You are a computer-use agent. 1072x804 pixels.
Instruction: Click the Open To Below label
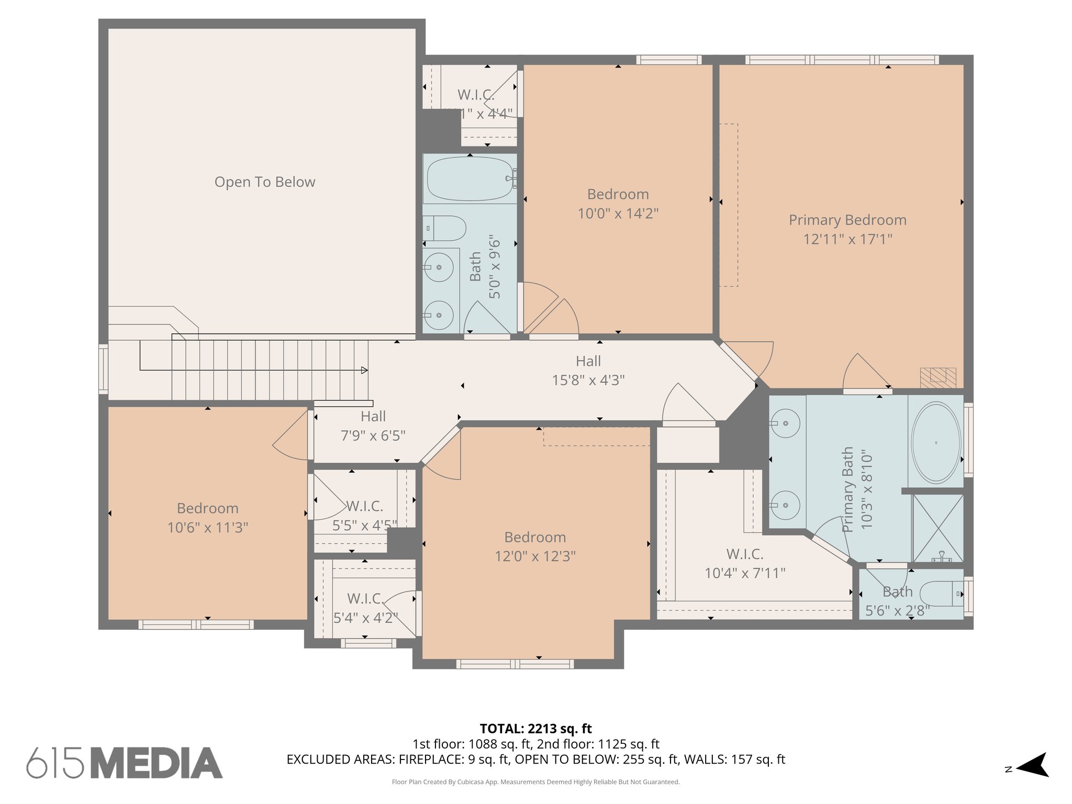(x=265, y=182)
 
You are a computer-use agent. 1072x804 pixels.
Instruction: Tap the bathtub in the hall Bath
(x=470, y=178)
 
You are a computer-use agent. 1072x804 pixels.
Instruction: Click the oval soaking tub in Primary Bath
(x=936, y=442)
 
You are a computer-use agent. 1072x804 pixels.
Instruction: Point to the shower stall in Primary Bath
(x=937, y=528)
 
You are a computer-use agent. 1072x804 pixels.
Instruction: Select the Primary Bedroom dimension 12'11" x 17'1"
(x=847, y=239)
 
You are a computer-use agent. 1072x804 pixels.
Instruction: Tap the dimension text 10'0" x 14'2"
(x=618, y=214)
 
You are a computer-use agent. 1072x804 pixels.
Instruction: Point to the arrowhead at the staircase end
(x=364, y=370)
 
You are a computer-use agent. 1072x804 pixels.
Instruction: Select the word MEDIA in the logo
(x=157, y=763)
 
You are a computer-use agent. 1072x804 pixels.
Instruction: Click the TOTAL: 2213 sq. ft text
(x=535, y=728)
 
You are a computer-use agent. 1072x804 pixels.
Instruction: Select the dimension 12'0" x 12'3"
(x=535, y=556)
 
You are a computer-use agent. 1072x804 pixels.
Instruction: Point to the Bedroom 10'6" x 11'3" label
(x=208, y=518)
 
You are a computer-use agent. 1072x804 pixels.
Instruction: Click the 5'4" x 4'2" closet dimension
(x=365, y=618)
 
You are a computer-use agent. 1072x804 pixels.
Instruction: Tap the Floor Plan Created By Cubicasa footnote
(x=535, y=782)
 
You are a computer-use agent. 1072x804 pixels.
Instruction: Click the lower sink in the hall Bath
(x=439, y=315)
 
